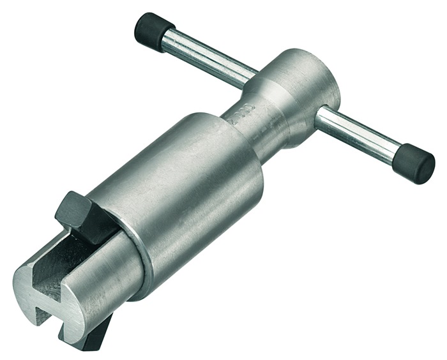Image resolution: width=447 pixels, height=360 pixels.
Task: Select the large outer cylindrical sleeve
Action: pos(185,191)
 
